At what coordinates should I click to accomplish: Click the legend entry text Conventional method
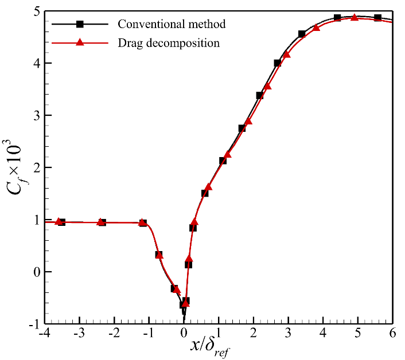172,24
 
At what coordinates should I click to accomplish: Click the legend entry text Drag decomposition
169,42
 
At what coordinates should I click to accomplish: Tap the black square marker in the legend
80,24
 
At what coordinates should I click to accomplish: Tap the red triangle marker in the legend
80,42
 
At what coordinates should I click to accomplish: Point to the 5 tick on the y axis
36,11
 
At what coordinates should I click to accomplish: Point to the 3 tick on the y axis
36,116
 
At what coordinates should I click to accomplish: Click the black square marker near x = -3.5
61,222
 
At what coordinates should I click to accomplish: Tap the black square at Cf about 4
278,63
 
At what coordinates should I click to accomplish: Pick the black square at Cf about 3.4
259,95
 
